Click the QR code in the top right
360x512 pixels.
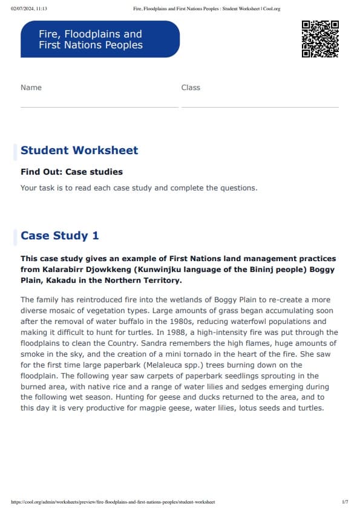319,39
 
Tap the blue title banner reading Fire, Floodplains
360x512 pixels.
100,39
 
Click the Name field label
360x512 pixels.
31,88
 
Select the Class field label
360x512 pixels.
191,88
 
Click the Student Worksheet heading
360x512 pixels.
79,151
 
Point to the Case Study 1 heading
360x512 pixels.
59,236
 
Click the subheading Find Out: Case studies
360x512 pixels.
71,172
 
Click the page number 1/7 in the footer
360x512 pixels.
344,502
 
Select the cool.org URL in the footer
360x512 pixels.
113,502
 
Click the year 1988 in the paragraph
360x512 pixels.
107,332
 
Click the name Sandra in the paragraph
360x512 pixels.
168,343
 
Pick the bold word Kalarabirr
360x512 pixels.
67,270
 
